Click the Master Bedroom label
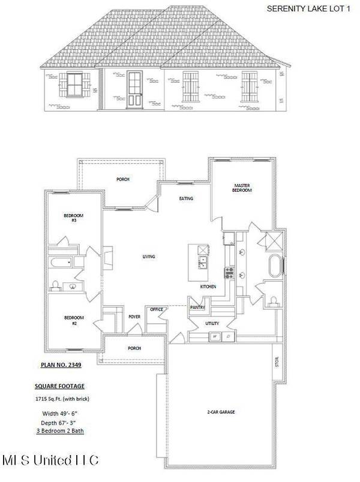(x=242, y=189)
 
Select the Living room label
(x=149, y=257)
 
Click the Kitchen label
(x=208, y=288)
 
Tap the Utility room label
(x=212, y=324)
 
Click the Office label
(x=157, y=309)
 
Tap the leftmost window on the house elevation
(x=75, y=84)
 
